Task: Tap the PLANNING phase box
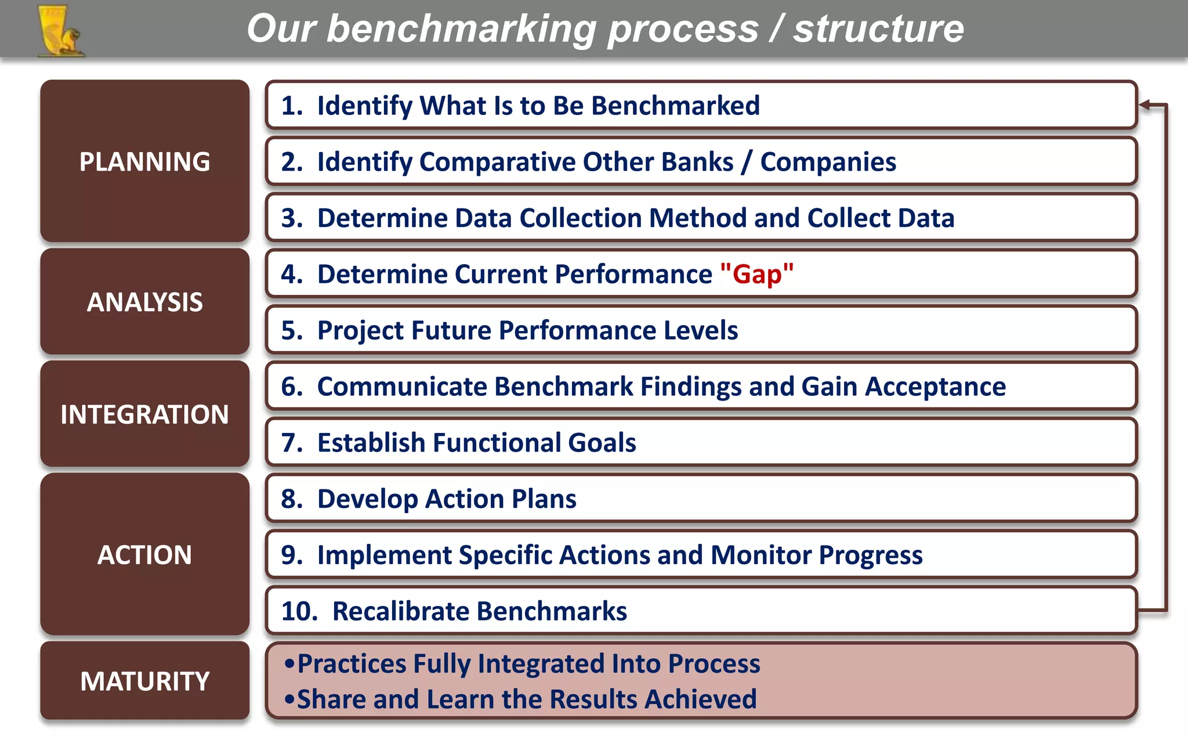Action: (x=144, y=161)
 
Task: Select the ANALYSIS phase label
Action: (x=144, y=302)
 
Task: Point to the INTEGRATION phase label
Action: (x=144, y=414)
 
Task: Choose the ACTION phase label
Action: (x=144, y=555)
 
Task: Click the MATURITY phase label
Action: (x=144, y=681)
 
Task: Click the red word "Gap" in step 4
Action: (x=756, y=274)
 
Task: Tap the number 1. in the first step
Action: (x=292, y=106)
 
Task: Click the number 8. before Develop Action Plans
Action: (x=292, y=499)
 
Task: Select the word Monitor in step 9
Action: (x=760, y=555)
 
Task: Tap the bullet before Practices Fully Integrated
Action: (x=289, y=663)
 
